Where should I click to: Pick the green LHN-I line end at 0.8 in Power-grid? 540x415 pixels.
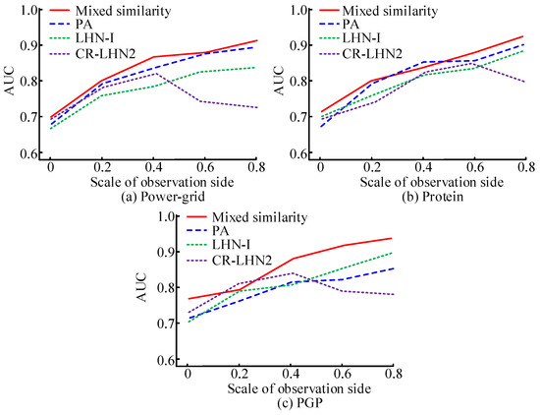click(257, 67)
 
